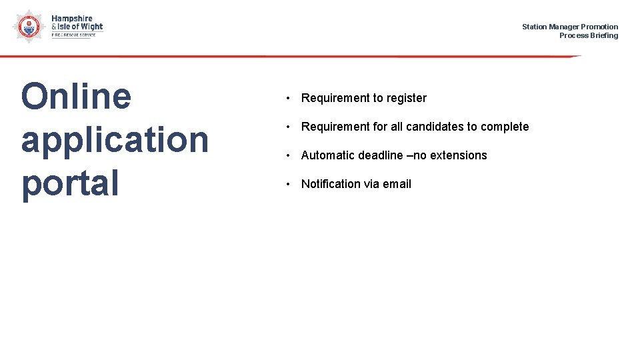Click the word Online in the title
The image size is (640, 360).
pyautogui.click(x=76, y=96)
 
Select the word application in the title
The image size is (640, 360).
pyautogui.click(x=115, y=140)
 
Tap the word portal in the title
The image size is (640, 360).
pyautogui.click(x=70, y=183)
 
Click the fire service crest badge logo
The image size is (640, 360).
pyautogui.click(x=26, y=26)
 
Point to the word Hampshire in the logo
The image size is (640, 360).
pyautogui.click(x=72, y=19)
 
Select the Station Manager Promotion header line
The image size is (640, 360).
pyautogui.click(x=569, y=27)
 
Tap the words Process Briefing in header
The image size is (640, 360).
pyautogui.click(x=588, y=35)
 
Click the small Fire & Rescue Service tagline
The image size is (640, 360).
pyautogui.click(x=73, y=35)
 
